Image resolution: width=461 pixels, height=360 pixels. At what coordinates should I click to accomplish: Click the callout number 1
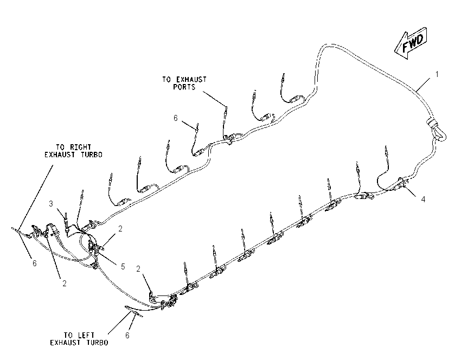[x=437, y=74]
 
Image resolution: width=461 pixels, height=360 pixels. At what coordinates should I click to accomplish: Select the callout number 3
[x=51, y=204]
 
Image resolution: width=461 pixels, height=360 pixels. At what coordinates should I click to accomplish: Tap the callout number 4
[x=423, y=200]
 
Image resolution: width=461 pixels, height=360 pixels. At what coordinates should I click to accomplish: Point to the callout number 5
[x=123, y=267]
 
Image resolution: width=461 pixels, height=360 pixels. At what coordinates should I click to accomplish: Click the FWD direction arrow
[x=411, y=43]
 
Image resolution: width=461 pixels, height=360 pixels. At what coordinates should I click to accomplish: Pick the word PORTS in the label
[x=184, y=87]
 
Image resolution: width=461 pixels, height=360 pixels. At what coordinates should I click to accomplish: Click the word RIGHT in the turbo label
[x=80, y=147]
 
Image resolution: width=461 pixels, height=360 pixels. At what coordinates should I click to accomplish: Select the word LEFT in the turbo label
[x=86, y=335]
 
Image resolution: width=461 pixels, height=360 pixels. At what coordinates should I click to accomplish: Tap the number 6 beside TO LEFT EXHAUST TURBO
[x=127, y=335]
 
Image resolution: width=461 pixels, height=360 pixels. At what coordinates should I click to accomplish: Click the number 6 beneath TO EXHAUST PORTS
[x=176, y=118]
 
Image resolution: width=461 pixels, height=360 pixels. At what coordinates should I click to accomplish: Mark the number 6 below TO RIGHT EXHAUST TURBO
[x=34, y=263]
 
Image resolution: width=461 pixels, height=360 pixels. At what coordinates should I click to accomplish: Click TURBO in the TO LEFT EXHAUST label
[x=98, y=343]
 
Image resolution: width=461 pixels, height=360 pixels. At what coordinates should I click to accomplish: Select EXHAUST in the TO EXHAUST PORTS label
[x=191, y=79]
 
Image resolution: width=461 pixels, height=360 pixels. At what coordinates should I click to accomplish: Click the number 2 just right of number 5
[x=120, y=229]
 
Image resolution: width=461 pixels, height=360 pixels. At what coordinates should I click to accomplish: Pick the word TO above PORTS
[x=167, y=79]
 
